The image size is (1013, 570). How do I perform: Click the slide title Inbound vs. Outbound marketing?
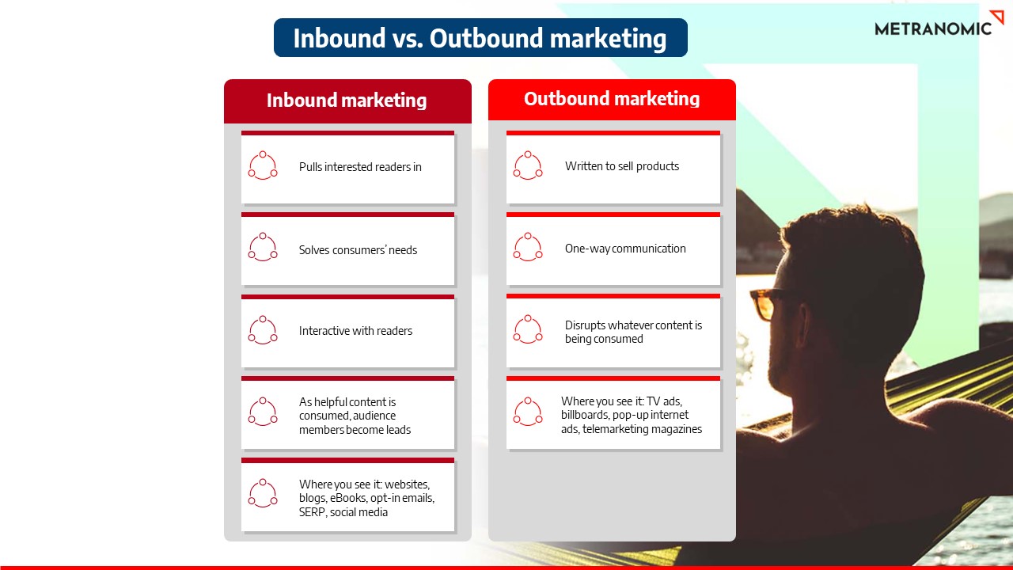tap(480, 38)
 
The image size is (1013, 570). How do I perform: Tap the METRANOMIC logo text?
tap(932, 28)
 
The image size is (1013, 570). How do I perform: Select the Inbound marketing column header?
tap(347, 101)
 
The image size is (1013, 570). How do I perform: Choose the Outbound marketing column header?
tap(612, 99)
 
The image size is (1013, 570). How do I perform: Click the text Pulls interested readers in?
tap(360, 167)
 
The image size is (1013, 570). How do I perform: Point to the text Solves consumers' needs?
tap(358, 250)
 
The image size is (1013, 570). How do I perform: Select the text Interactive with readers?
tap(355, 331)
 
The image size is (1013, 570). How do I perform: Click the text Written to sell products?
tap(622, 166)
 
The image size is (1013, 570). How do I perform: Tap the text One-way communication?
tap(625, 249)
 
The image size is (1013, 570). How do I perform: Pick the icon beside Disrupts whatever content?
tap(528, 330)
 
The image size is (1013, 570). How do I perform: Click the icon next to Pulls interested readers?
tap(263, 165)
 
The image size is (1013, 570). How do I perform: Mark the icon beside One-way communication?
tap(528, 247)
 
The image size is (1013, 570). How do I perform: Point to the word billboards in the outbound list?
tap(586, 415)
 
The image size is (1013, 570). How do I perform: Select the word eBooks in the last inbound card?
tap(347, 498)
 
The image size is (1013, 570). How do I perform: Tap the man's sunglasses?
tap(765, 303)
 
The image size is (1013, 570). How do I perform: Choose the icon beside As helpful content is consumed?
tap(263, 412)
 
